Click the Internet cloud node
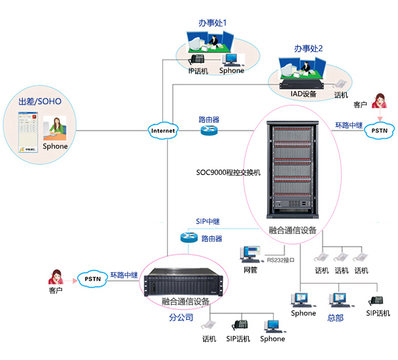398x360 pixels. pyautogui.click(x=163, y=130)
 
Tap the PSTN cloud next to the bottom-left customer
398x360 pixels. pyautogui.click(x=93, y=279)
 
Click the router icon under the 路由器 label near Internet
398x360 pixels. pyautogui.click(x=208, y=131)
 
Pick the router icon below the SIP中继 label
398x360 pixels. pyautogui.click(x=189, y=238)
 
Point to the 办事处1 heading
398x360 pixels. pyautogui.click(x=212, y=23)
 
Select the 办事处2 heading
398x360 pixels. pyautogui.click(x=309, y=49)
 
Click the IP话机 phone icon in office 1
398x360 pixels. pyautogui.click(x=197, y=59)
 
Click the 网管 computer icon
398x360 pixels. pyautogui.click(x=251, y=254)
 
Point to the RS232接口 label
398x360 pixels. pyautogui.click(x=281, y=260)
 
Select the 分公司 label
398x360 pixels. pyautogui.click(x=181, y=317)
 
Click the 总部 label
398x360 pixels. pyautogui.click(x=335, y=317)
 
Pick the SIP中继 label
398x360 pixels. pyautogui.click(x=208, y=221)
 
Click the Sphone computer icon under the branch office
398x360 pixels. pyautogui.click(x=272, y=326)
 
